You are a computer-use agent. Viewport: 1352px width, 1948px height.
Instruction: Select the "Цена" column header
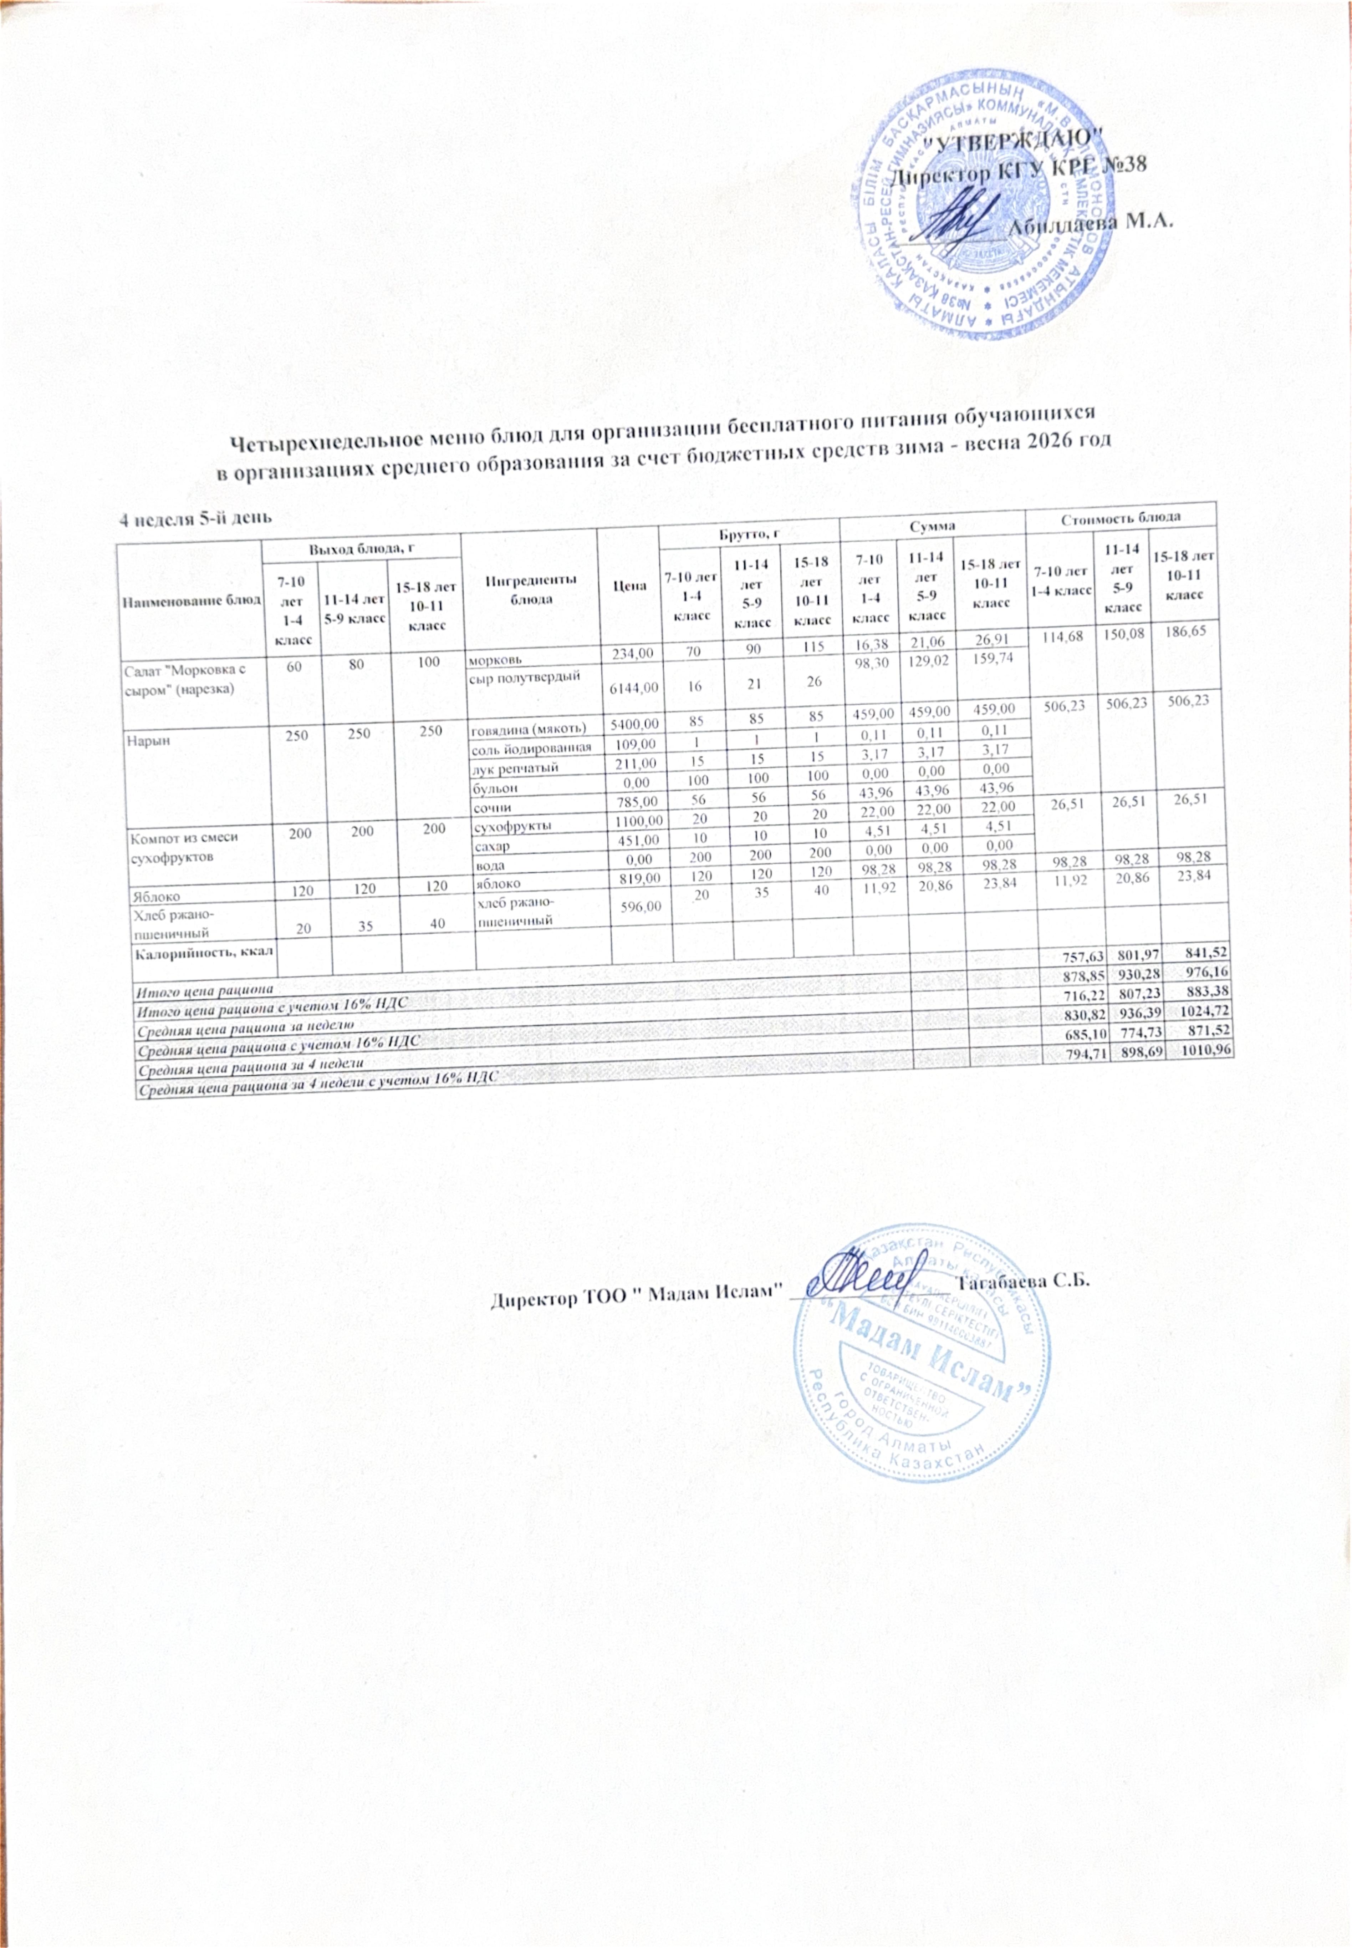(628, 586)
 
